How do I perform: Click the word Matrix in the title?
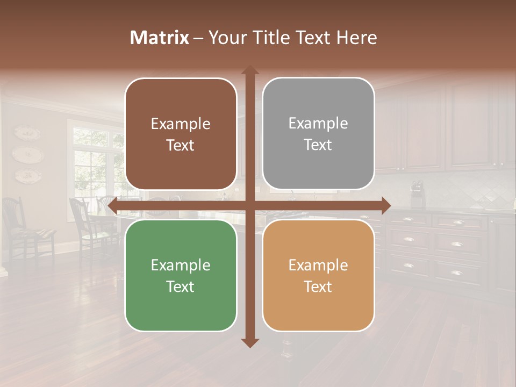coord(160,38)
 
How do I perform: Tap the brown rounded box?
coord(181,134)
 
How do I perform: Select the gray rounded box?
coord(318,134)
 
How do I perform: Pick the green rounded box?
coord(181,276)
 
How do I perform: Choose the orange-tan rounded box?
coord(318,276)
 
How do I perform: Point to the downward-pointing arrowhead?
coord(250,342)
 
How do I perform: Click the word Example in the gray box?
coord(318,123)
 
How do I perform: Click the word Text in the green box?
coord(181,286)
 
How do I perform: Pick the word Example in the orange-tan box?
coord(318,265)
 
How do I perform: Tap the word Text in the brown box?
coord(181,145)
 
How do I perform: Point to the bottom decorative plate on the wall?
coord(27,174)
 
